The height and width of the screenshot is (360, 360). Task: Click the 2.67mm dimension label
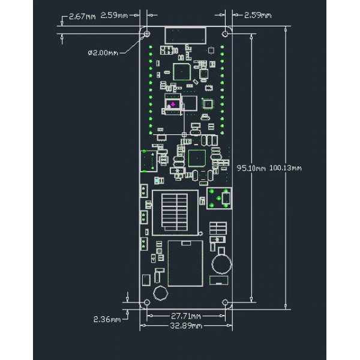pyautogui.click(x=82, y=17)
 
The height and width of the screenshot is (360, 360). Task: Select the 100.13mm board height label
pyautogui.click(x=286, y=168)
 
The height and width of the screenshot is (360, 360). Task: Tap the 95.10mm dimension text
pyautogui.click(x=251, y=168)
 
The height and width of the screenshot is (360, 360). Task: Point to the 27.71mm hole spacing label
pyautogui.click(x=186, y=316)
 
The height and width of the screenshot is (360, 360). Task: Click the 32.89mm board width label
pyautogui.click(x=186, y=326)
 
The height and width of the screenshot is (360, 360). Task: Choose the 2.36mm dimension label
pyautogui.click(x=107, y=319)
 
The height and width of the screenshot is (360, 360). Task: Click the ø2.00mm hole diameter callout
pyautogui.click(x=103, y=53)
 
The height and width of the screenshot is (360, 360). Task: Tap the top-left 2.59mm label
pyautogui.click(x=114, y=16)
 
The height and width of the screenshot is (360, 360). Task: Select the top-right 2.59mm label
pyautogui.click(x=257, y=16)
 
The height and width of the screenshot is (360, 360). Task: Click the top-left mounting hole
pyautogui.click(x=147, y=34)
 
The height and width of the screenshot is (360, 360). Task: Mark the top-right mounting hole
pyautogui.click(x=225, y=34)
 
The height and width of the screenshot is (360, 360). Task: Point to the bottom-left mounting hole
pyautogui.click(x=147, y=302)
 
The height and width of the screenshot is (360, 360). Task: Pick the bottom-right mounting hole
pyautogui.click(x=225, y=302)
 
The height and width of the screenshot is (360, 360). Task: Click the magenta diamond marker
pyautogui.click(x=173, y=104)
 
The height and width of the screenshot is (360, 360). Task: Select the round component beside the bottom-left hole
pyautogui.click(x=160, y=293)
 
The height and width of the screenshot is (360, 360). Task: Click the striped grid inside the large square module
pyautogui.click(x=175, y=212)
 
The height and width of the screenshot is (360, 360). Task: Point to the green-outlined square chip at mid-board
pyautogui.click(x=197, y=158)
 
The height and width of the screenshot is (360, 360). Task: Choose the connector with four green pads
pyautogui.click(x=219, y=198)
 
